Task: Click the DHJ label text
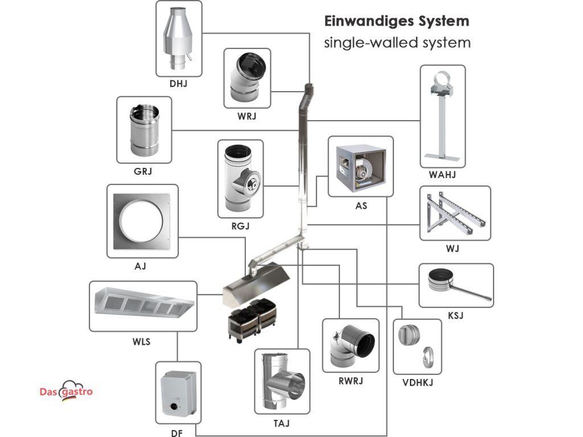pos(178,84)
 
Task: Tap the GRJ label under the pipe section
pos(143,170)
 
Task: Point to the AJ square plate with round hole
pos(139,221)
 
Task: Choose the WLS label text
pos(142,342)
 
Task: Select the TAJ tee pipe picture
pos(282,383)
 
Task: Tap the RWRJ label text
pos(350,381)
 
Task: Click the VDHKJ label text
pos(417,382)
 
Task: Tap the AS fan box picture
pos(360,167)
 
